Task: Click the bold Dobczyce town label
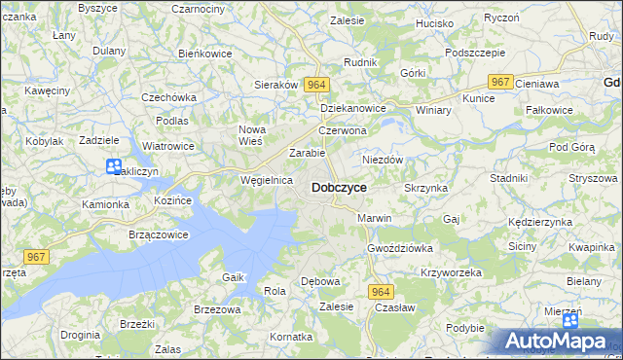coord(339,187)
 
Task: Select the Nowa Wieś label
coord(252,135)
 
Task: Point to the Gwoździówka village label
coord(399,248)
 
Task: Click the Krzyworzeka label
coord(451,272)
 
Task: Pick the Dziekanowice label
coord(353,109)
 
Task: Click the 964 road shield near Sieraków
coord(314,85)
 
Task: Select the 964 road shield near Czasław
coord(381,291)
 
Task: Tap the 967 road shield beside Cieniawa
coord(501,83)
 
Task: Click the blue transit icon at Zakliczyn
coord(114,167)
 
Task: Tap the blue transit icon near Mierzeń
coord(570,320)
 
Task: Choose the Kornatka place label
coord(291,336)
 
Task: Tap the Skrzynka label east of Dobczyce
coord(425,187)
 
